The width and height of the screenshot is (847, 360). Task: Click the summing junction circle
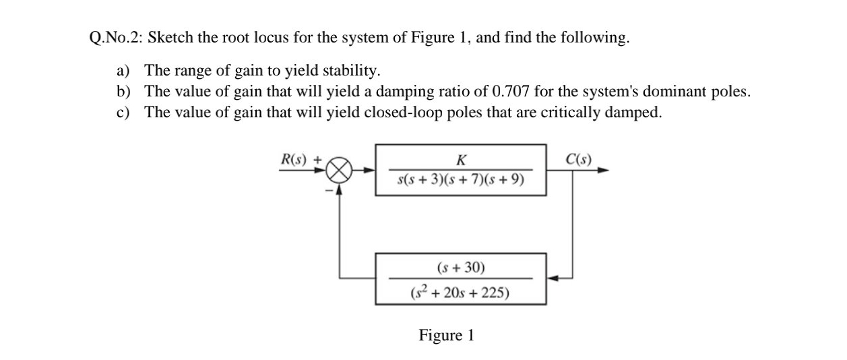(340, 171)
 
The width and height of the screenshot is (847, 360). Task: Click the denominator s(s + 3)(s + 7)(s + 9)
(461, 180)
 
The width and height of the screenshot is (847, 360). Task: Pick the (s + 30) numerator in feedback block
(461, 268)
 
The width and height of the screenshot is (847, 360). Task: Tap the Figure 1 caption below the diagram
(446, 335)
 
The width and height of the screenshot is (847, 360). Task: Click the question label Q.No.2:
(115, 38)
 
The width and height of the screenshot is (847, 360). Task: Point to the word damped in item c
(637, 112)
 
